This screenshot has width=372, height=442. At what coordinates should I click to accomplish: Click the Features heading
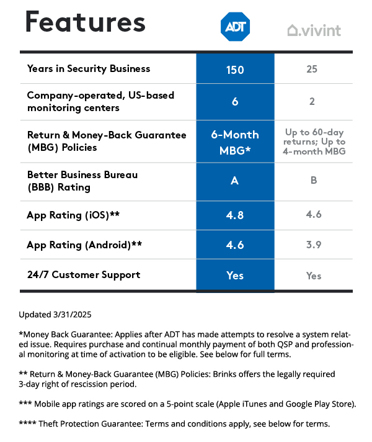85,23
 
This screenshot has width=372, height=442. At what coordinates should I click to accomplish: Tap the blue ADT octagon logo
235,26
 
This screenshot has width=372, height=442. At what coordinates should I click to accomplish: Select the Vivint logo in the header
314,30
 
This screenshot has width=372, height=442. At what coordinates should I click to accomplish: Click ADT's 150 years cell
235,69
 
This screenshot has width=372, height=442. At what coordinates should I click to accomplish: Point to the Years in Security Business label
89,68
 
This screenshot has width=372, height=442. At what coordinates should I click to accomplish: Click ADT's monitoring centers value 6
235,101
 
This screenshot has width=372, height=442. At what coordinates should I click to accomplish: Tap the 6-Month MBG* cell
235,142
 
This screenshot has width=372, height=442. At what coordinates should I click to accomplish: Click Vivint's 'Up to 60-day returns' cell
314,142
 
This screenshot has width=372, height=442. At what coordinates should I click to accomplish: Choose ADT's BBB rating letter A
235,181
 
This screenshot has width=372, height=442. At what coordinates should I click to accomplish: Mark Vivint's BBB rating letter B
312,181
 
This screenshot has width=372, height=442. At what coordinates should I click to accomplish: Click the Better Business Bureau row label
82,181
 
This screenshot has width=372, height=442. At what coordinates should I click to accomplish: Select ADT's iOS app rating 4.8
235,216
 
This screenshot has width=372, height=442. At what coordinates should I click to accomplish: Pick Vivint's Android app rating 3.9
313,245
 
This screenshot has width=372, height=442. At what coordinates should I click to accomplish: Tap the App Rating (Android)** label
84,245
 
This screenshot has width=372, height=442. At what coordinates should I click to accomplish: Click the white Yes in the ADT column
235,275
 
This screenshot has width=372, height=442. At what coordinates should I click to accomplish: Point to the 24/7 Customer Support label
84,274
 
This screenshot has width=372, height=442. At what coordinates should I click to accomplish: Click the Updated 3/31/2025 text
55,314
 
